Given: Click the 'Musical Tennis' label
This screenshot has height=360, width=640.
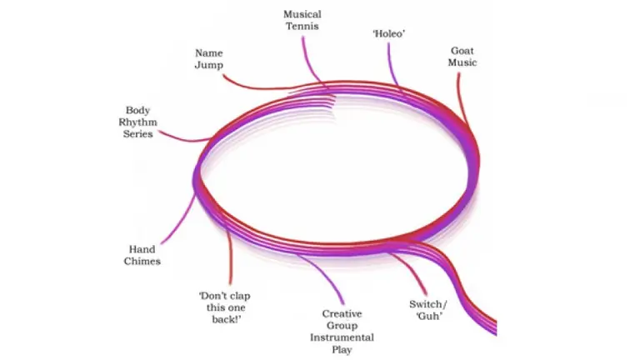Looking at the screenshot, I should click(x=301, y=20).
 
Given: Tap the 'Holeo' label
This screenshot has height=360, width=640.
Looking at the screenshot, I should click(x=387, y=32).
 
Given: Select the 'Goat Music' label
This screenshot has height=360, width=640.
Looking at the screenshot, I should click(x=462, y=56).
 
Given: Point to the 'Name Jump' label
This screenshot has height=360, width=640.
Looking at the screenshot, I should click(x=209, y=58).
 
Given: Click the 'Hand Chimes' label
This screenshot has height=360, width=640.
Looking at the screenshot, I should click(x=143, y=255).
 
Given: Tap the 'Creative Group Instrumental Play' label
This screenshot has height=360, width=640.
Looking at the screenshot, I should click(x=342, y=332).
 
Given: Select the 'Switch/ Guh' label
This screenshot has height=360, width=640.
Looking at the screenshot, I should click(x=426, y=309).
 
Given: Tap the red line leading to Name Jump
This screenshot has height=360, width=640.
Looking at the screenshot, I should click(x=250, y=86).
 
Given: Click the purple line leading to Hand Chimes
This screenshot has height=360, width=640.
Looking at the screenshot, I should click(x=179, y=221).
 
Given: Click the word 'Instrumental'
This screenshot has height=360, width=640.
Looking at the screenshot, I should click(x=342, y=337).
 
